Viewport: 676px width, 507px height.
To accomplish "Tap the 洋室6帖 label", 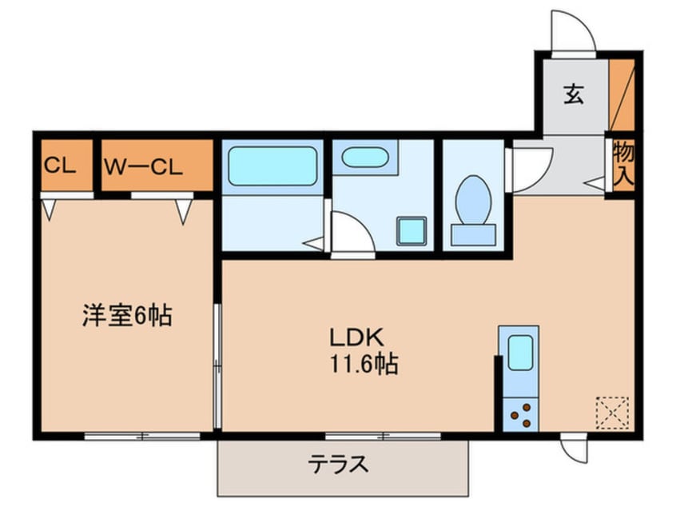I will point(126,316).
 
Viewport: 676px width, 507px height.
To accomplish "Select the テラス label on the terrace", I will point(340,464).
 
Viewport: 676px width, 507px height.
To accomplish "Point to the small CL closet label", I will point(59,166).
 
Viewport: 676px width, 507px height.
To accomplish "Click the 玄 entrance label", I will point(573,95).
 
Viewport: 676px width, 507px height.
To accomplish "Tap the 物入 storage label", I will point(623,165).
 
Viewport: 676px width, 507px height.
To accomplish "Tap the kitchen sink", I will point(519,353).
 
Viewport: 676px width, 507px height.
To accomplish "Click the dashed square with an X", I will point(611,413).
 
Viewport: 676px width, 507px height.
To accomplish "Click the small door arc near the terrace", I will point(574,449).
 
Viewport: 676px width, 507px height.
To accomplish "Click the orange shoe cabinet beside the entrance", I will point(621,95).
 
